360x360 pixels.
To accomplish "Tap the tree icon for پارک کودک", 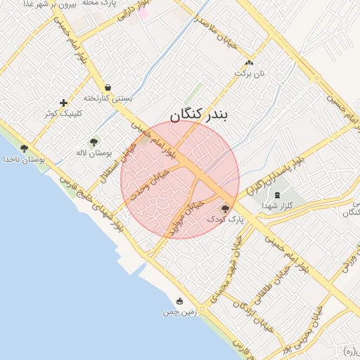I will [x=226, y=208].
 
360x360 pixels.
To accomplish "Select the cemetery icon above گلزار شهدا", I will [x=276, y=194].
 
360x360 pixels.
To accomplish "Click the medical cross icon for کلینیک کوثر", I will [x=63, y=103].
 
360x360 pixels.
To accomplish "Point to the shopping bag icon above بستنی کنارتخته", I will [x=108, y=88].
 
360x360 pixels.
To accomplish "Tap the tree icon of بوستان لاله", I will [x=94, y=142].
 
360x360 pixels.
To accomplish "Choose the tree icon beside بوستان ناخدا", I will [x=25, y=148].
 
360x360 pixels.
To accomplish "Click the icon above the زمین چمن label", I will [x=181, y=301].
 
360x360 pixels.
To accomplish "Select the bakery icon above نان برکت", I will [x=249, y=63].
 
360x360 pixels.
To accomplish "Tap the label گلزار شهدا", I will [x=276, y=205].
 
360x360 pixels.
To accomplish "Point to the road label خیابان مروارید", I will [x=191, y=214].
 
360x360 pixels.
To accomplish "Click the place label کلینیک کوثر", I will [x=63, y=113].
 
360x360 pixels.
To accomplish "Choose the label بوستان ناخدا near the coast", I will [x=22, y=160].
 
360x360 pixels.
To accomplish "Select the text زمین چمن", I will [x=181, y=311].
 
